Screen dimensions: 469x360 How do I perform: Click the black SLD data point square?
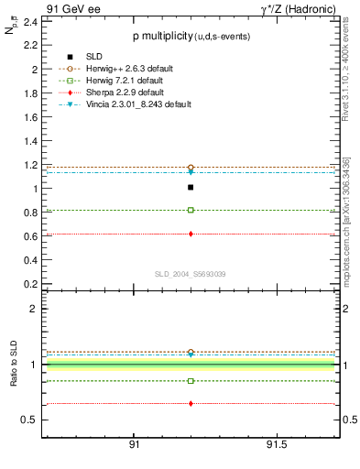[x=191, y=187]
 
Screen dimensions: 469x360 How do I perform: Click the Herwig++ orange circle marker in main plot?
[x=191, y=167]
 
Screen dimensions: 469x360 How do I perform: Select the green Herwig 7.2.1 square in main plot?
[x=191, y=210]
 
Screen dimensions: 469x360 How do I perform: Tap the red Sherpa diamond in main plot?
[x=191, y=234]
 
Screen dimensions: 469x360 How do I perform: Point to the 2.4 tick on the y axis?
[x=29, y=21]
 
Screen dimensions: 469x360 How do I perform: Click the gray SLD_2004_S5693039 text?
[x=190, y=274]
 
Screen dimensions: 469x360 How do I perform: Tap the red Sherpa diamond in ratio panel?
[x=191, y=403]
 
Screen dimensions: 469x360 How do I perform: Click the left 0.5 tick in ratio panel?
[x=29, y=420]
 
